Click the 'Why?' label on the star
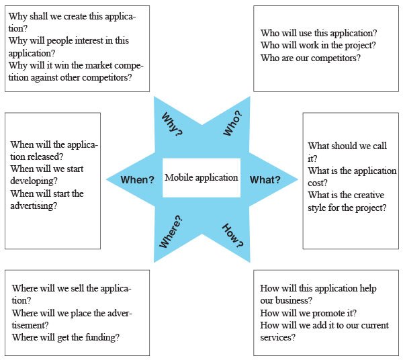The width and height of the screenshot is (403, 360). pyautogui.click(x=172, y=124)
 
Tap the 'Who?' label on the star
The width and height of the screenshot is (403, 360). pyautogui.click(x=232, y=123)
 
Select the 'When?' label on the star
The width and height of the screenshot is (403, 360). pyautogui.click(x=137, y=179)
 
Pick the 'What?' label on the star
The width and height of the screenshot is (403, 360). pyautogui.click(x=265, y=179)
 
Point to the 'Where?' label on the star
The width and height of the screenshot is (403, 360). pyautogui.click(x=171, y=232)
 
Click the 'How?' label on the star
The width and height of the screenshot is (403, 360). pyautogui.click(x=232, y=236)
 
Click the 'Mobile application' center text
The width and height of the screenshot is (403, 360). pyautogui.click(x=201, y=177)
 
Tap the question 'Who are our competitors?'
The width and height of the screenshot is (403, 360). pyautogui.click(x=310, y=58)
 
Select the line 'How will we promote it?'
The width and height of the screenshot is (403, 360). pyautogui.click(x=308, y=313)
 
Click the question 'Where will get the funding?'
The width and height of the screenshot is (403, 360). pyautogui.click(x=66, y=337)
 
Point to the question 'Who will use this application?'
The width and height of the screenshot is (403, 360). pyautogui.click(x=318, y=33)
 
